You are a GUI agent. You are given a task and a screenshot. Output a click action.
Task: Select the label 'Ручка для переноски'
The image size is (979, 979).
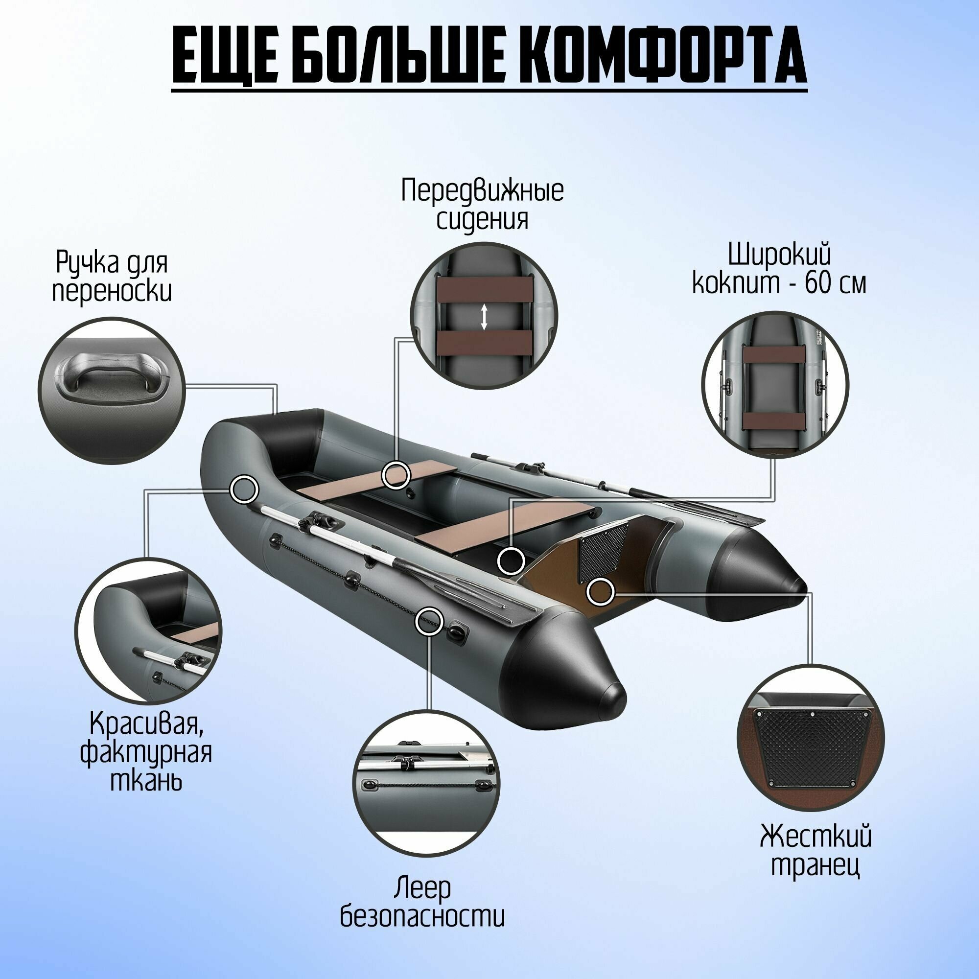pyautogui.click(x=112, y=276)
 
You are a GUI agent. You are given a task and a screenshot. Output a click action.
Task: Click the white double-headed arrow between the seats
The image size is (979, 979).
pyautogui.click(x=484, y=317)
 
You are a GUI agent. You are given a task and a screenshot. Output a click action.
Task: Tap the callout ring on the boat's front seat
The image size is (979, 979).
pyautogui.click(x=396, y=475)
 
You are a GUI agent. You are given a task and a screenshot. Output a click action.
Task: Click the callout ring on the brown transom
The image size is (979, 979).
pyautogui.click(x=601, y=591)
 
